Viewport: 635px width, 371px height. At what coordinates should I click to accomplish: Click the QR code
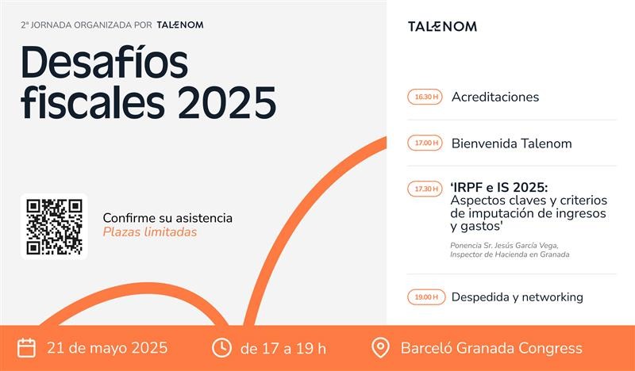pos(54,227)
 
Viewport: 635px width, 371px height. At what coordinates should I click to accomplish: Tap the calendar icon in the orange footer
pos(27,348)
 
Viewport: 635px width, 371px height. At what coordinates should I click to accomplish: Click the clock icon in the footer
pos(221,348)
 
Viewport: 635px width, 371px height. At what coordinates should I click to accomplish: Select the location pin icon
pos(380,348)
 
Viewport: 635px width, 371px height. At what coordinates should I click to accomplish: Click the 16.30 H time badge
pos(425,97)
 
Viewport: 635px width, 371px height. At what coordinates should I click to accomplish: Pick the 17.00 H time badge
pos(425,143)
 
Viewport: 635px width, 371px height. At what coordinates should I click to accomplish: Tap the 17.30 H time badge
pos(425,189)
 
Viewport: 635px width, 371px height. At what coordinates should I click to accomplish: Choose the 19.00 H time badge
pos(426,297)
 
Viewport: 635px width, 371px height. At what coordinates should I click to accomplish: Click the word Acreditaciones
pos(495,97)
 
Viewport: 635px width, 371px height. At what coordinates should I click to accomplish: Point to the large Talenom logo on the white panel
pos(442,27)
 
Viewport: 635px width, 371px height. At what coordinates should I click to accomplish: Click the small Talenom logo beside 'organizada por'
pos(180,25)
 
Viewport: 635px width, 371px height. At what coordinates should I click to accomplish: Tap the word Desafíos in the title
pos(105,63)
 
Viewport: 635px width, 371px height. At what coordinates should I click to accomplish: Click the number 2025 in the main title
pos(227,102)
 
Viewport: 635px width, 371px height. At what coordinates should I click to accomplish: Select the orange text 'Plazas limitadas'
pos(150,232)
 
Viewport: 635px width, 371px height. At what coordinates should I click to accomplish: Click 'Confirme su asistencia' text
pos(167,218)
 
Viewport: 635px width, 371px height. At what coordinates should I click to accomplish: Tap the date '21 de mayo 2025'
pos(107,348)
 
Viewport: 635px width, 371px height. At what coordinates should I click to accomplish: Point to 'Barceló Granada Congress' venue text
pos(491,348)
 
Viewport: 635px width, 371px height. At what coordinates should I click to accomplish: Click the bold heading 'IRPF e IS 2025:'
pos(499,188)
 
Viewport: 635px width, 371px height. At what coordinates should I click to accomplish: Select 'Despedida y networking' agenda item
pos(518,297)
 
